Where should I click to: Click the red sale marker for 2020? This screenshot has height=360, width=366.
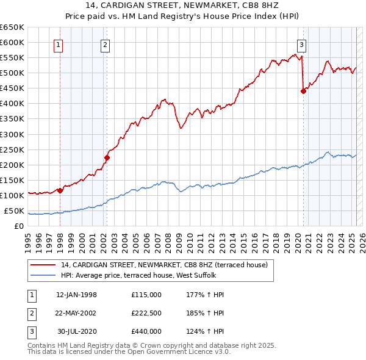point(303,92)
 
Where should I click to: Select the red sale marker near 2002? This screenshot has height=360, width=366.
point(107,157)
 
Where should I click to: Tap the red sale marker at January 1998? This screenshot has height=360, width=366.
point(60,190)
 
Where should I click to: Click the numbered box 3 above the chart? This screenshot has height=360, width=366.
point(302,44)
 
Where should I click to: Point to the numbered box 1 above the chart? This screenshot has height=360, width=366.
point(59,44)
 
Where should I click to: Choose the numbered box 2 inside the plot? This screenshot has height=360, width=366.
point(106,44)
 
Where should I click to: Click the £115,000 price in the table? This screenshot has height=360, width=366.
point(146,295)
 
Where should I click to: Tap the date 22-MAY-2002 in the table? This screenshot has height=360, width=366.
point(76,313)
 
